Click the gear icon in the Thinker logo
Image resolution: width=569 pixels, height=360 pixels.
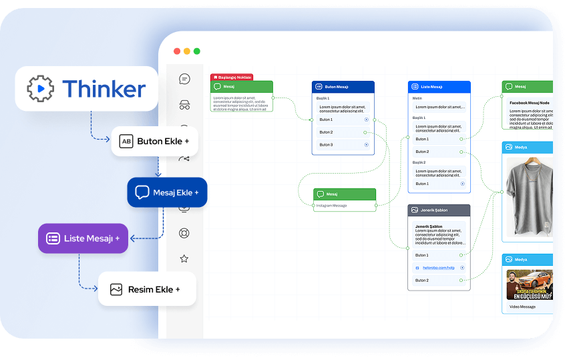point(40,88)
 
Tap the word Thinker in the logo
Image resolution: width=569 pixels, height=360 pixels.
point(104,89)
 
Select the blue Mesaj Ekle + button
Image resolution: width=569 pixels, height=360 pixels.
point(167,192)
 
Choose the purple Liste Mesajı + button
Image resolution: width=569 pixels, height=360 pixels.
point(83,238)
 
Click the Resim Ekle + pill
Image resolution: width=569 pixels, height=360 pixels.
point(147,289)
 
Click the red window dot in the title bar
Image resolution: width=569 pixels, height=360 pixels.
point(177,51)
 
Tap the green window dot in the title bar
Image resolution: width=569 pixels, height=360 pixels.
point(197,51)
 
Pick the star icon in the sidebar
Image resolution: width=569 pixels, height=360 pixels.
point(184,258)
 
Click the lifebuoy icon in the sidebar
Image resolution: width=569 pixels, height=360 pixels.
point(184,233)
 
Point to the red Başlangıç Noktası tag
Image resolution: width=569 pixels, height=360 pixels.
point(232,77)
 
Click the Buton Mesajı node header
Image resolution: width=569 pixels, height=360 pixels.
point(343,87)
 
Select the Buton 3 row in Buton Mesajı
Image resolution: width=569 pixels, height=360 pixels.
point(343,144)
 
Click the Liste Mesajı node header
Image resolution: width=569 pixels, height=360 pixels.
point(439,87)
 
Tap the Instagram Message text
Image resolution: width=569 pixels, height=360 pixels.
point(332,206)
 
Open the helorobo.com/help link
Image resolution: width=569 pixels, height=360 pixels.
point(438,268)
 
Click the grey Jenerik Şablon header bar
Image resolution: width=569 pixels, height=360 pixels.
point(439,210)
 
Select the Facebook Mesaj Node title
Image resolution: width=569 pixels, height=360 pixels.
point(529,103)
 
